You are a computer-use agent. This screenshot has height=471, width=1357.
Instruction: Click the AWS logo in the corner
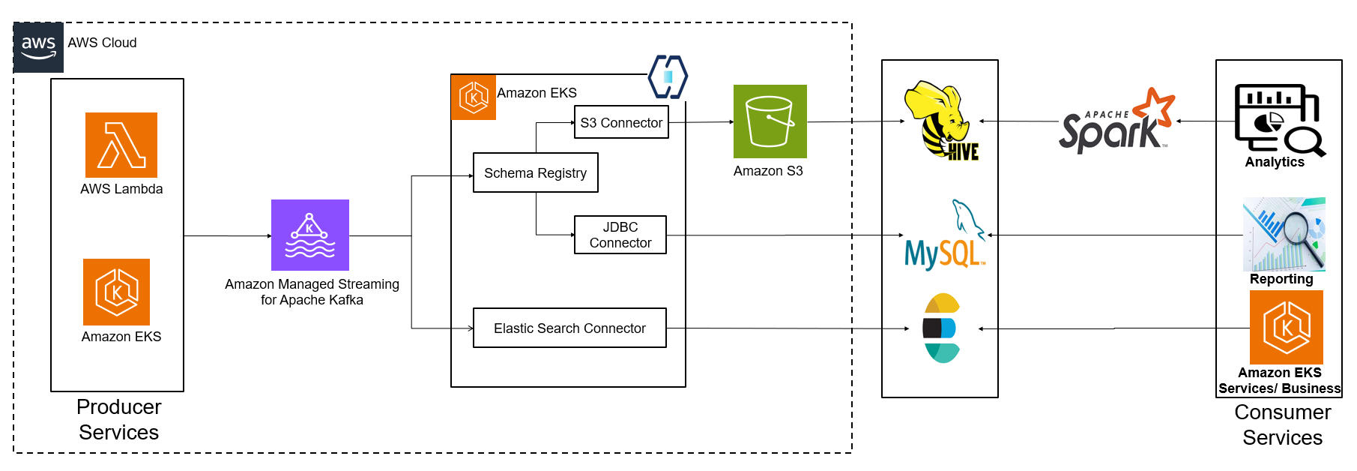click(x=38, y=47)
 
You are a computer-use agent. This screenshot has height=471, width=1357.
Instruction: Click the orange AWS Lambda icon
click(x=121, y=145)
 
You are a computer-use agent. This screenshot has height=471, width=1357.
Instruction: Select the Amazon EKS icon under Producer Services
click(x=116, y=292)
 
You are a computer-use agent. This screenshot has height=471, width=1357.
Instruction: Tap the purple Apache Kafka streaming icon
click(x=309, y=235)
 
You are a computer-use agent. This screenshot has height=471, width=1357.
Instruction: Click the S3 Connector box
click(x=621, y=122)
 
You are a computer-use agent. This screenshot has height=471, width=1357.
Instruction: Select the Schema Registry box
click(x=535, y=172)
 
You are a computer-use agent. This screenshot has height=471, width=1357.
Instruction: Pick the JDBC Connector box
click(x=620, y=235)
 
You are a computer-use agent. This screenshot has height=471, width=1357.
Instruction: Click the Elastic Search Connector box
click(x=569, y=328)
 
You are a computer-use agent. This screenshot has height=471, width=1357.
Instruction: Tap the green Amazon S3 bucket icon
click(x=770, y=121)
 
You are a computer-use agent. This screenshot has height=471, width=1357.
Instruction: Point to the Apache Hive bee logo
click(x=942, y=121)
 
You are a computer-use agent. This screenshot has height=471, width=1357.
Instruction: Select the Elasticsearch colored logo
click(x=940, y=328)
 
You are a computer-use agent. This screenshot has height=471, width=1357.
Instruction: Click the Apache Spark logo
click(x=1116, y=122)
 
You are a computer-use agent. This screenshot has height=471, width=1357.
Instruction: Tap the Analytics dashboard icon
click(x=1278, y=119)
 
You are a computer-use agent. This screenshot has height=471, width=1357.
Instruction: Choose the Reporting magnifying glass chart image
click(x=1284, y=234)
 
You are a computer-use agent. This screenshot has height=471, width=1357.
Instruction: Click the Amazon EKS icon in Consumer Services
click(x=1286, y=327)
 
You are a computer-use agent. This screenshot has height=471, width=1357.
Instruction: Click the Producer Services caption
click(x=118, y=419)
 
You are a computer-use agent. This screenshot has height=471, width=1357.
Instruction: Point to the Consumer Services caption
click(x=1282, y=424)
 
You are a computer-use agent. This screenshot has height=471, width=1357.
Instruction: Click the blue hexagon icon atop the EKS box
click(x=668, y=76)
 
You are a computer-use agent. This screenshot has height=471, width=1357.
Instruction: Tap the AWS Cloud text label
click(x=102, y=43)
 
